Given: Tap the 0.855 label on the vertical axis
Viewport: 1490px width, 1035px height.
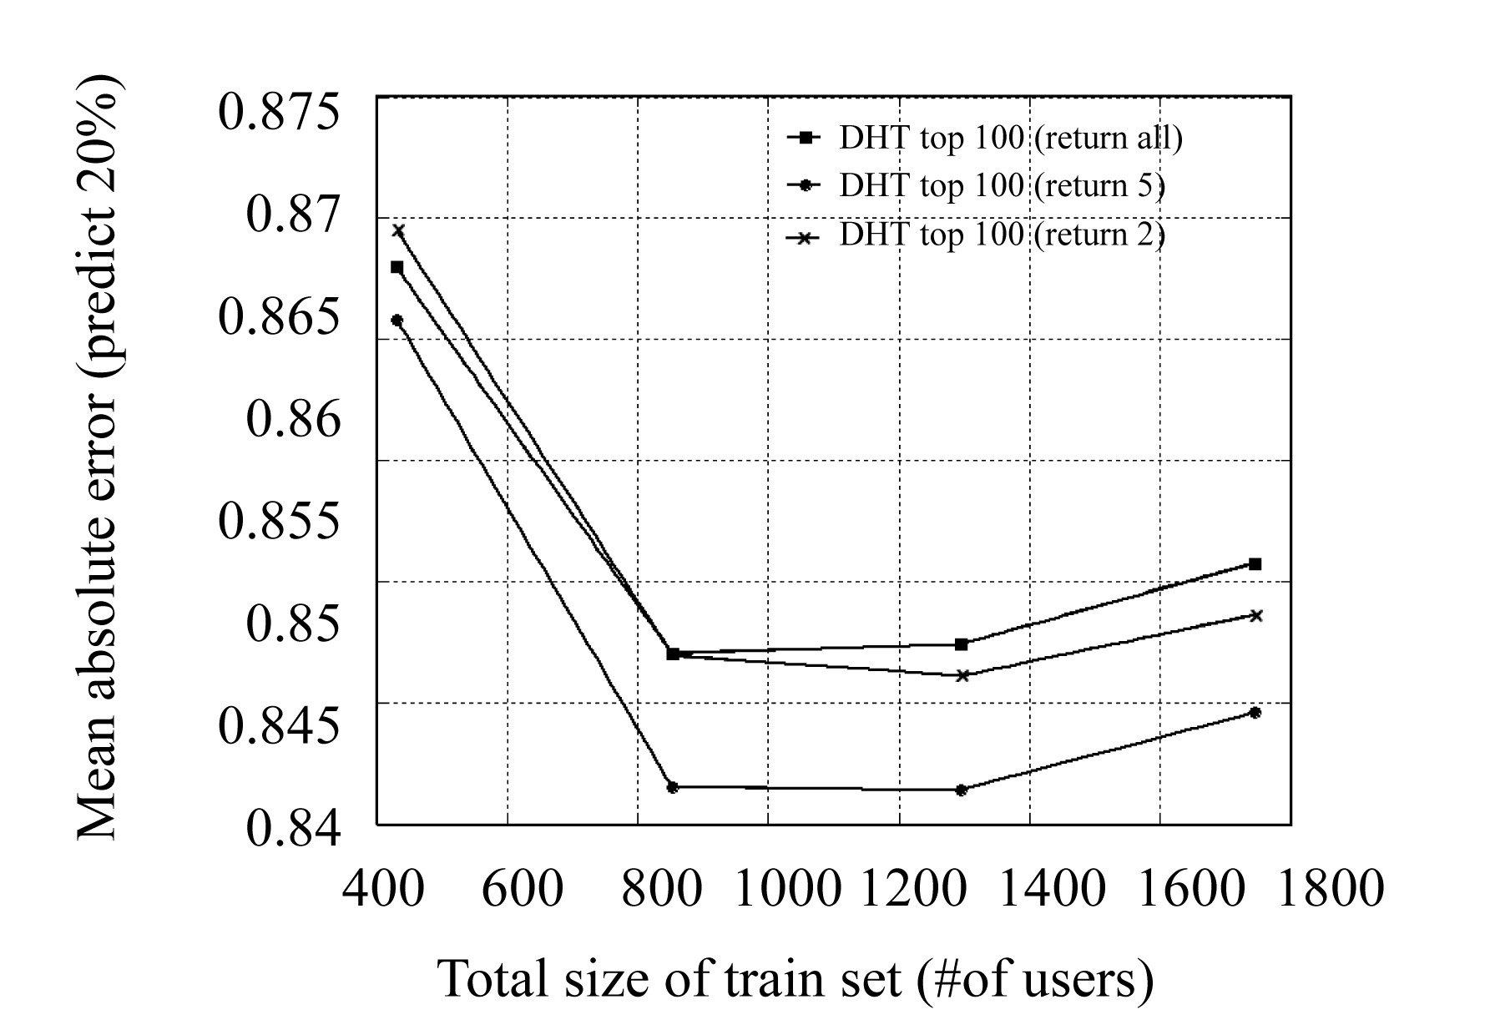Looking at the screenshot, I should click(x=280, y=521).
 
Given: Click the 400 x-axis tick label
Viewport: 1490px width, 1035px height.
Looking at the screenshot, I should click(x=383, y=888).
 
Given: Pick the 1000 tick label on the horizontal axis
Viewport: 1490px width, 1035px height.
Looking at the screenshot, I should click(x=785, y=888).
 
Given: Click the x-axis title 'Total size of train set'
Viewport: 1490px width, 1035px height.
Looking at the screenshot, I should click(x=796, y=978).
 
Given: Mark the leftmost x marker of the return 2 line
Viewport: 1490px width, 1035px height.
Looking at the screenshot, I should click(x=398, y=230).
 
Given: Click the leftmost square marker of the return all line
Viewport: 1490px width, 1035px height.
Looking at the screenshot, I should click(x=397, y=267).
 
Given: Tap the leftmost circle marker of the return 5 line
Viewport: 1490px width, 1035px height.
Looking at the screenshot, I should click(x=397, y=320).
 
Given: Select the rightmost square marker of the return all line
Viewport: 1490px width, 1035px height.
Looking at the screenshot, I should click(x=1255, y=564).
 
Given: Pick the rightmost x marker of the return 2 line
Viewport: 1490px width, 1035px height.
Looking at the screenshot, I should click(x=1255, y=615).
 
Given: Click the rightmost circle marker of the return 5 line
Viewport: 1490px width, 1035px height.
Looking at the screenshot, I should click(x=1255, y=712).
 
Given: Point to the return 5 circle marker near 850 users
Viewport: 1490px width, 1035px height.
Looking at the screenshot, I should click(x=673, y=787).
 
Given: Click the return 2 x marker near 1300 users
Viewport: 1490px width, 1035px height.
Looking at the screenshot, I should click(x=962, y=675).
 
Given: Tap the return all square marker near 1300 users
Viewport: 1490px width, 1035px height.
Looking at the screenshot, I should click(x=962, y=644).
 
